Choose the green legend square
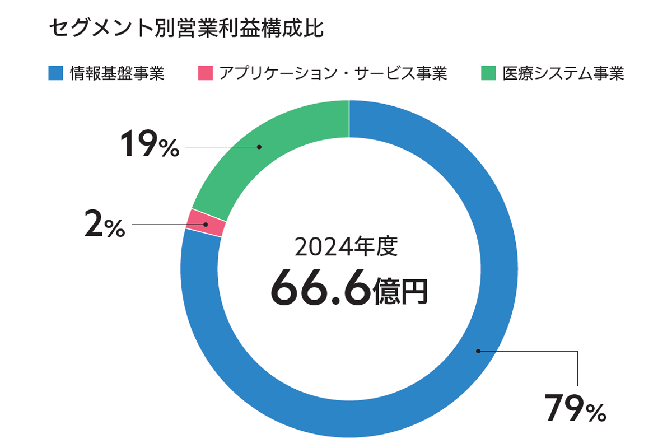point(488,74)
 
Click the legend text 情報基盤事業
point(117,74)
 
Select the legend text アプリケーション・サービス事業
point(333,74)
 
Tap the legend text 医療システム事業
point(563,74)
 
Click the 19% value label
point(150,147)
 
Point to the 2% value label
point(105,225)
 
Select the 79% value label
point(575,408)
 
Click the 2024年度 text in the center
point(346,246)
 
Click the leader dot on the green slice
point(259,147)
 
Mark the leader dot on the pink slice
point(206,225)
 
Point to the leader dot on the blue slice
point(478,351)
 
